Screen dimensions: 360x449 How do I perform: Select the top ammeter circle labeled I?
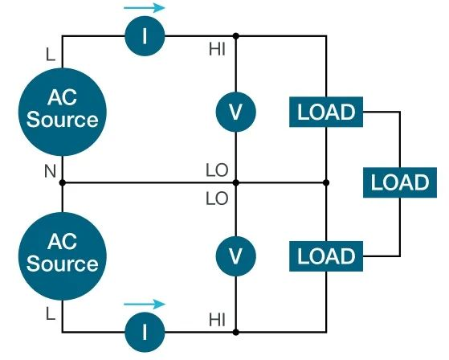coord(145,36)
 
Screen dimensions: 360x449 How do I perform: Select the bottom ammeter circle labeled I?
coord(145,330)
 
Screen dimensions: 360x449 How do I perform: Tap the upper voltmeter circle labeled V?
coord(235,112)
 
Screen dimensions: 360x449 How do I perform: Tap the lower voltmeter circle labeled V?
coord(235,256)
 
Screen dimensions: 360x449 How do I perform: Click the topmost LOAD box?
coord(325,112)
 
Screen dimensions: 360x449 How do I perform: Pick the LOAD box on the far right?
coord(399,182)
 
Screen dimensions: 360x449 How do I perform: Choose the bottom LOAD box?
coord(325,256)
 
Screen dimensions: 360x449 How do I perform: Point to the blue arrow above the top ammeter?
coord(145,8)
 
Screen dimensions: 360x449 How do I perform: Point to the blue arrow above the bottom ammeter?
coord(145,304)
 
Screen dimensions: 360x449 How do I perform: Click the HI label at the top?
coord(217,50)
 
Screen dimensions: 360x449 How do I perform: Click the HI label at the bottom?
coord(217,319)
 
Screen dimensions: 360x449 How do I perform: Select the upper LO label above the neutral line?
coord(217,170)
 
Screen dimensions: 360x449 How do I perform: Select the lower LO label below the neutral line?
coord(217,196)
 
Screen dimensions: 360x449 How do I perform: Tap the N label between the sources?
coord(50,170)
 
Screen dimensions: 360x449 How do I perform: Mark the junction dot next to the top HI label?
coord(235,36)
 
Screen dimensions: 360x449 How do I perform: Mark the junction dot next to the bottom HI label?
coord(235,330)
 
